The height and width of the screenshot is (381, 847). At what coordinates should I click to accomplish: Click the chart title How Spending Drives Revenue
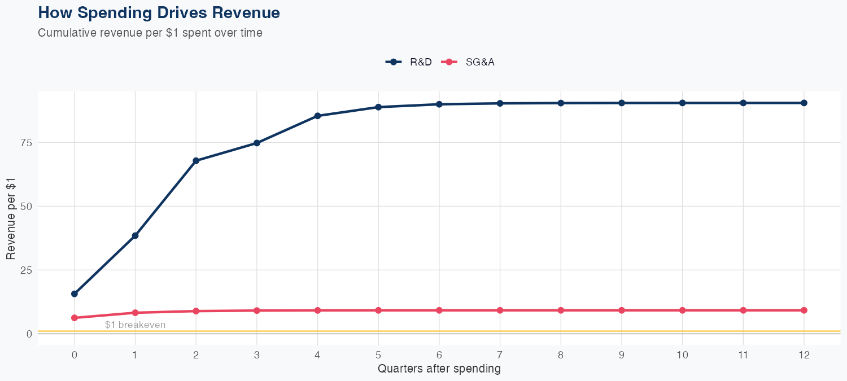coord(159,12)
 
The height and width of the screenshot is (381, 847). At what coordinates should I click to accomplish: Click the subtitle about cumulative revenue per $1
coord(150,33)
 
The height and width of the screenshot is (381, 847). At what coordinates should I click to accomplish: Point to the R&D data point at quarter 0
coord(75,294)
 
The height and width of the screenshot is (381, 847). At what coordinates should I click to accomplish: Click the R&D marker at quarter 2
coord(196,161)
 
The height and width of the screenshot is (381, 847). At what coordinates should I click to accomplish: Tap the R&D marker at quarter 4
coord(317,116)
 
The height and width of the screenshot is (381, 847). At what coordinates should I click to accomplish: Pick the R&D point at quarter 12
coord(804,103)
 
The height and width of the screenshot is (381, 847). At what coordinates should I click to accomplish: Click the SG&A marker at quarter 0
coord(75,318)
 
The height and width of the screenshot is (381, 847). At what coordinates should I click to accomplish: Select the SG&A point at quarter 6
coord(439,310)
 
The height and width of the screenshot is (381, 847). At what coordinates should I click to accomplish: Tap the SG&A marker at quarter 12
coord(804,310)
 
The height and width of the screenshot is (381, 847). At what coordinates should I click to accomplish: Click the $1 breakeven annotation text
coord(136,325)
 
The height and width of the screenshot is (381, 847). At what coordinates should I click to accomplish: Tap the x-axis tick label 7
coord(500,355)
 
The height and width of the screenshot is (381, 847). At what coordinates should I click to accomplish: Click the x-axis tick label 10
coord(682,355)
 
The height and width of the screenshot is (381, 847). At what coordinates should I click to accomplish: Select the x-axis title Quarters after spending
coord(439,369)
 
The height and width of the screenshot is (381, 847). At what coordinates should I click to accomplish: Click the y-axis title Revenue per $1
coord(11,218)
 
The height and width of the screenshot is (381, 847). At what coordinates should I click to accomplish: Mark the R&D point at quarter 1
coord(135,235)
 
